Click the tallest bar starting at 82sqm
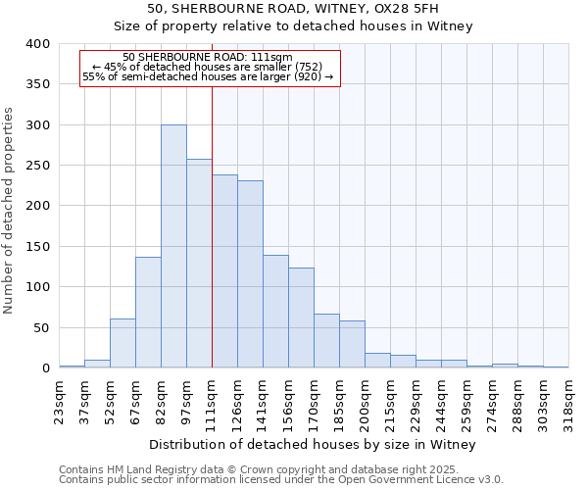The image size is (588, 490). coord(173,246)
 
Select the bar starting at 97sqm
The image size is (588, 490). coord(199,263)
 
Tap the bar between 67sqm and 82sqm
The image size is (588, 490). coord(148,312)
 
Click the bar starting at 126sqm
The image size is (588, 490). coord(250,273)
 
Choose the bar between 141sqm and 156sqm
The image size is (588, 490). coord(275,311)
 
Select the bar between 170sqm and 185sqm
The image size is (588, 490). coord(326,340)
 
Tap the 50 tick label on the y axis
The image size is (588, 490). coord(42,328)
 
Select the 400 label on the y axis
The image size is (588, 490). coord(38,44)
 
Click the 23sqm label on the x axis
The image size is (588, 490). coord(65,402)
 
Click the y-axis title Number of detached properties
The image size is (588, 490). coord(10,206)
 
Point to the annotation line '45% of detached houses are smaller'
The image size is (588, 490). coord(208,67)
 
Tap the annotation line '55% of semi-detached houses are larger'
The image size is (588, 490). coord(208,76)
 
